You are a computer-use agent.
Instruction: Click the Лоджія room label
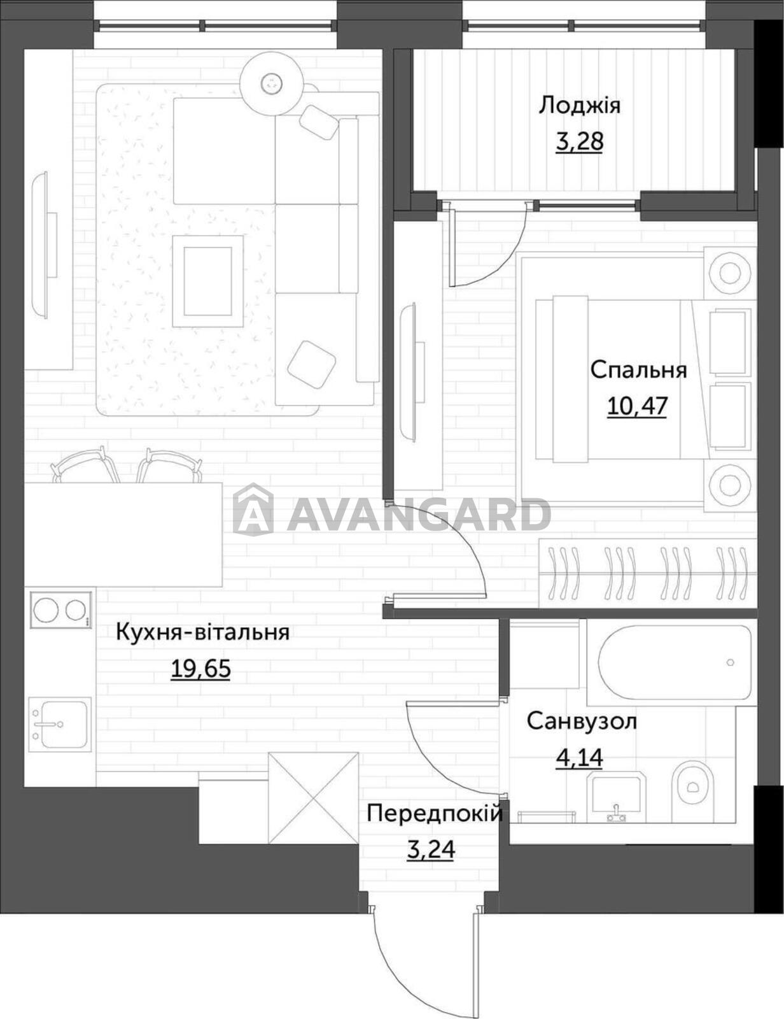[x=580, y=105]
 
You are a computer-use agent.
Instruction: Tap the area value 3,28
[x=579, y=141]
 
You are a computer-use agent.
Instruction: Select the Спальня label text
[x=638, y=370]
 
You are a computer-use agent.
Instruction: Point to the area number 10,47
[x=637, y=406]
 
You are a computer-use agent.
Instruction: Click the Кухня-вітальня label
[x=202, y=632]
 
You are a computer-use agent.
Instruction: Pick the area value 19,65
[x=201, y=668]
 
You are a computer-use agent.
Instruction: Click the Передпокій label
[x=435, y=813]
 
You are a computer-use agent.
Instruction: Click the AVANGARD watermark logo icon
[x=253, y=509]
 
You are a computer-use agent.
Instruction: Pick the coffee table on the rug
[x=208, y=281]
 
